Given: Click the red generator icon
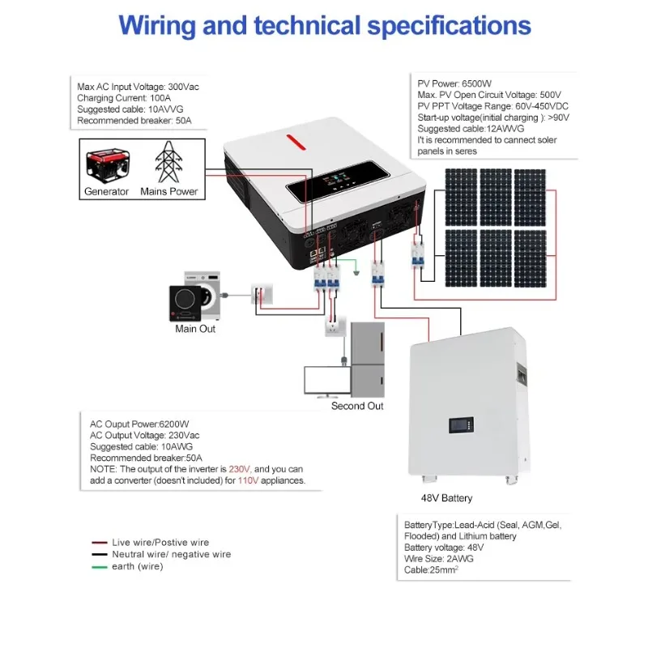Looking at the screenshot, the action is [x=108, y=166].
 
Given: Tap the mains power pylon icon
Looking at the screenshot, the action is [x=168, y=162].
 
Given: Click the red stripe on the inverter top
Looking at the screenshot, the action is [x=296, y=142].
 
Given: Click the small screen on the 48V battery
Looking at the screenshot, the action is [x=461, y=424].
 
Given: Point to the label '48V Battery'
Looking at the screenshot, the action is [x=446, y=498].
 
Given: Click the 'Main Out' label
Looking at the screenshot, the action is [x=195, y=329].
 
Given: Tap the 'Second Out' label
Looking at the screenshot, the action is [x=357, y=406].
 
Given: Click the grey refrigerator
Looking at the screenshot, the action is [x=368, y=360].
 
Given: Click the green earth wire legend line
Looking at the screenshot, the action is [x=100, y=567].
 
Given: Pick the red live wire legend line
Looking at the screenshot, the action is [x=100, y=543].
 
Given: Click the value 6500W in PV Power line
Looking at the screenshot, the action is [x=476, y=83].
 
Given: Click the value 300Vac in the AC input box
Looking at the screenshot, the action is [x=184, y=87].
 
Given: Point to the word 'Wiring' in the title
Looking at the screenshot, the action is [x=157, y=27].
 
